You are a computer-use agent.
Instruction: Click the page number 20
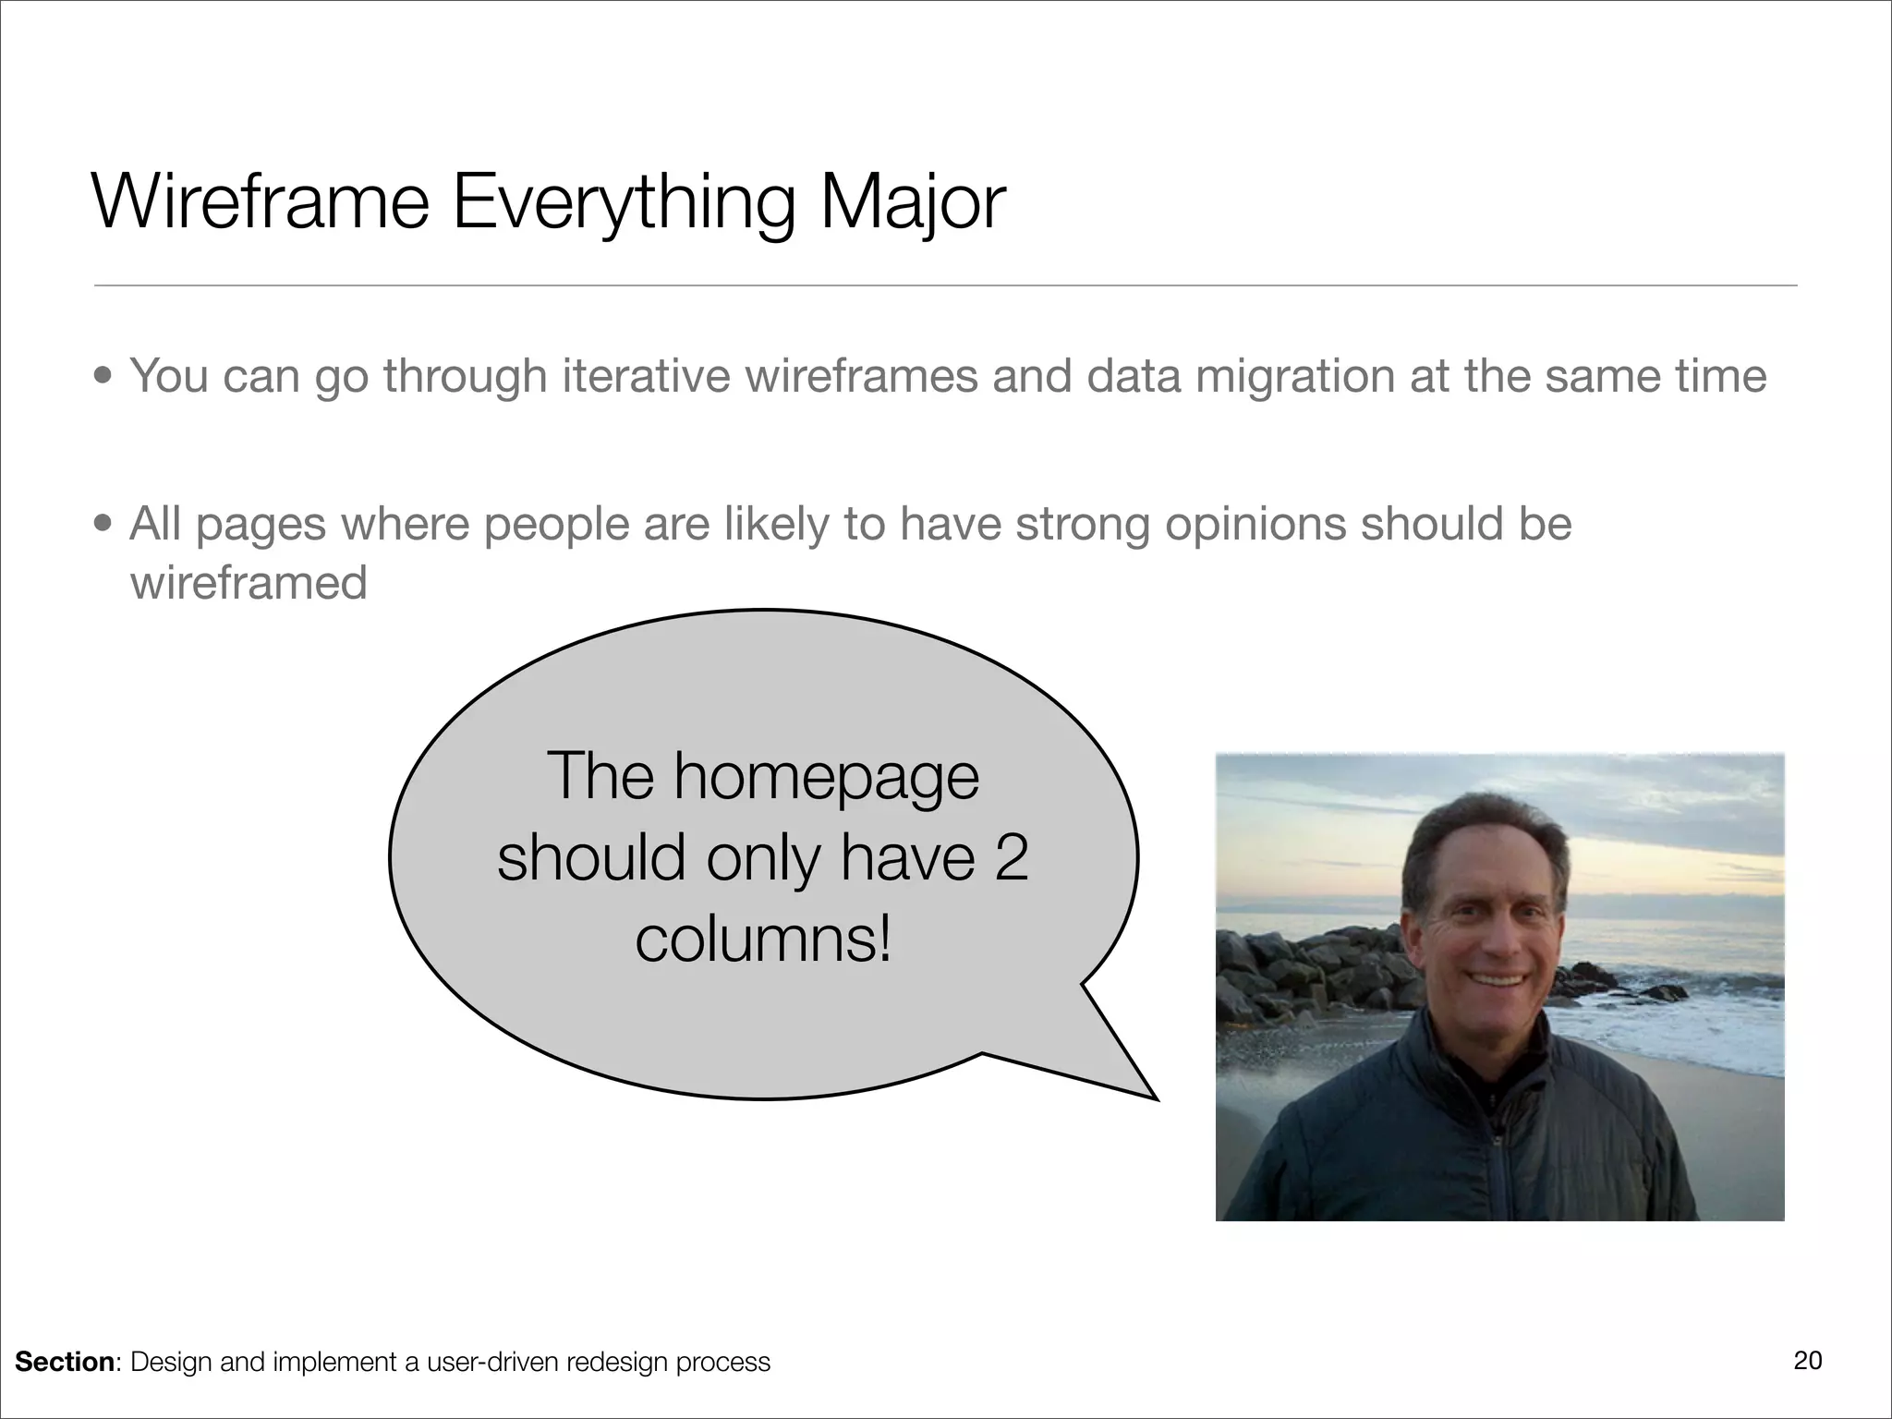click(1807, 1360)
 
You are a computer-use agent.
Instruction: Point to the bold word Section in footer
click(64, 1362)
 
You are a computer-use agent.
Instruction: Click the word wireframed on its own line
click(249, 583)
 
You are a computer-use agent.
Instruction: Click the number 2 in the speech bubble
click(1011, 857)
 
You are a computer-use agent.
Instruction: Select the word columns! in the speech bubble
click(764, 940)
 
